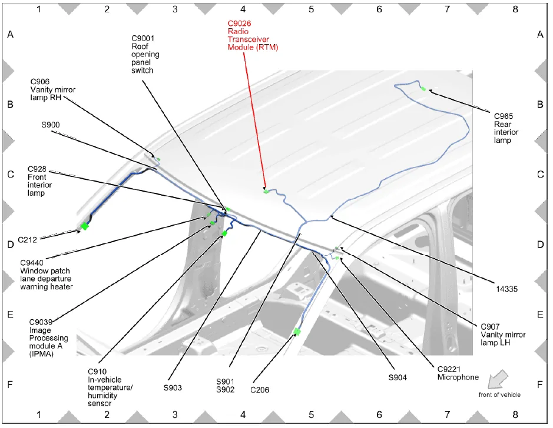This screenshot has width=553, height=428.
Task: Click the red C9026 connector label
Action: (239, 24)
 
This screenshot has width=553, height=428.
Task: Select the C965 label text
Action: (504, 116)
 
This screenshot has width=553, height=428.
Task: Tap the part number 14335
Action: (507, 289)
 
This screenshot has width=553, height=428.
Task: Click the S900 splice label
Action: (51, 125)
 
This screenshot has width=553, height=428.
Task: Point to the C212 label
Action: (27, 240)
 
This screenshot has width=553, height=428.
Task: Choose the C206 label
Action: (260, 390)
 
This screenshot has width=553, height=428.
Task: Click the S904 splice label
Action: (398, 377)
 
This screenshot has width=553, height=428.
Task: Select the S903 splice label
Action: (173, 388)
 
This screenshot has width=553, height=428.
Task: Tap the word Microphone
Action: (458, 377)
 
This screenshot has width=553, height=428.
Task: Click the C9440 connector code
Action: (32, 263)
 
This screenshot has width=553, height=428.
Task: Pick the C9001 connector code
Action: (143, 38)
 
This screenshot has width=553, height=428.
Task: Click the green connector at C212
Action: (84, 226)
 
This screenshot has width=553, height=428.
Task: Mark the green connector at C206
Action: (297, 332)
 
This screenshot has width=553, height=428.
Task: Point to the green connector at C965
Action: (423, 89)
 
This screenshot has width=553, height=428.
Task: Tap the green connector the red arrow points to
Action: (266, 192)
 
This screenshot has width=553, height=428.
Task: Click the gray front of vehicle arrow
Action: (498, 379)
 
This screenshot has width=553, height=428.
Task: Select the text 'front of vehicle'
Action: (499, 395)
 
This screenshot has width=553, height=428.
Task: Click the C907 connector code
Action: (490, 327)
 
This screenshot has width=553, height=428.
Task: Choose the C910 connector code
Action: (97, 372)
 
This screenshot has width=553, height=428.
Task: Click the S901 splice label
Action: (226, 382)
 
